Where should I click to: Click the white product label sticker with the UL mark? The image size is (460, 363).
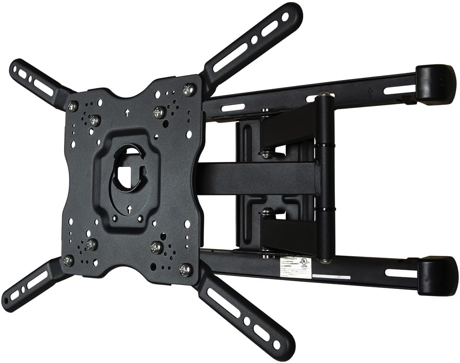[x=295, y=268]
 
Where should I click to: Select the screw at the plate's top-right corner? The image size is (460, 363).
[x=188, y=89]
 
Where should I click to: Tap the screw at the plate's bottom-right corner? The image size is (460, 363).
[x=184, y=269]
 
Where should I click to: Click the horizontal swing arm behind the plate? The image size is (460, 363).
[x=256, y=179]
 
